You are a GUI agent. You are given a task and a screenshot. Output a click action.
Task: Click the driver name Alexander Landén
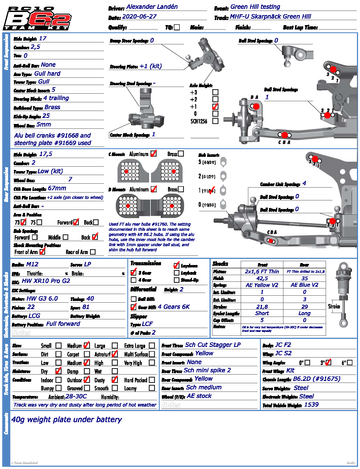point(152,7)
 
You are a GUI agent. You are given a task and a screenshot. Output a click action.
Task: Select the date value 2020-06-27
point(139,16)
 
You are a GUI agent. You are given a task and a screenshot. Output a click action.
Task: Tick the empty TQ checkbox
point(177,27)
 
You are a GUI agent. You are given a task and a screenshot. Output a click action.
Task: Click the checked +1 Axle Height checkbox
point(215,106)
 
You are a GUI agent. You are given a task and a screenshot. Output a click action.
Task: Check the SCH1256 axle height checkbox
point(215,121)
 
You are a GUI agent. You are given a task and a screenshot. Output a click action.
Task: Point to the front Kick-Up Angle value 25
point(46,116)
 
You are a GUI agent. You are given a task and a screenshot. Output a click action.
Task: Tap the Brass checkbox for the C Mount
point(181,154)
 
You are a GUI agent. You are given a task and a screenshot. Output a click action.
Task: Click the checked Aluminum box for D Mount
point(154,189)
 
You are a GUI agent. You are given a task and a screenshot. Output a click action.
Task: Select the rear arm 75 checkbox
point(39,222)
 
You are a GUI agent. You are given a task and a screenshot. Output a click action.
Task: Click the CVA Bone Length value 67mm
point(57,188)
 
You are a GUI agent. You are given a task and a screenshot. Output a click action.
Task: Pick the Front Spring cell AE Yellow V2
point(262,285)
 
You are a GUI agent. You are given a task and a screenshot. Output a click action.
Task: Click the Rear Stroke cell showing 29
point(305,307)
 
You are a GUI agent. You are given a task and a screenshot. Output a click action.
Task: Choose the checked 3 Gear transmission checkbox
point(134,272)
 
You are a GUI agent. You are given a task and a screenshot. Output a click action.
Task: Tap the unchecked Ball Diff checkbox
point(134,299)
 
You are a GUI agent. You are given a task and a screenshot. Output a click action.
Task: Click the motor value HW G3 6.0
point(42,298)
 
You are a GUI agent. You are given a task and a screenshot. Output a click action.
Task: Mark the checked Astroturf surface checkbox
point(115,354)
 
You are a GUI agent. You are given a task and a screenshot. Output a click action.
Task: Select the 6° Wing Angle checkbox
point(350,363)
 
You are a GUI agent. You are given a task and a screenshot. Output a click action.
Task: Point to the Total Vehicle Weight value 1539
point(311,405)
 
